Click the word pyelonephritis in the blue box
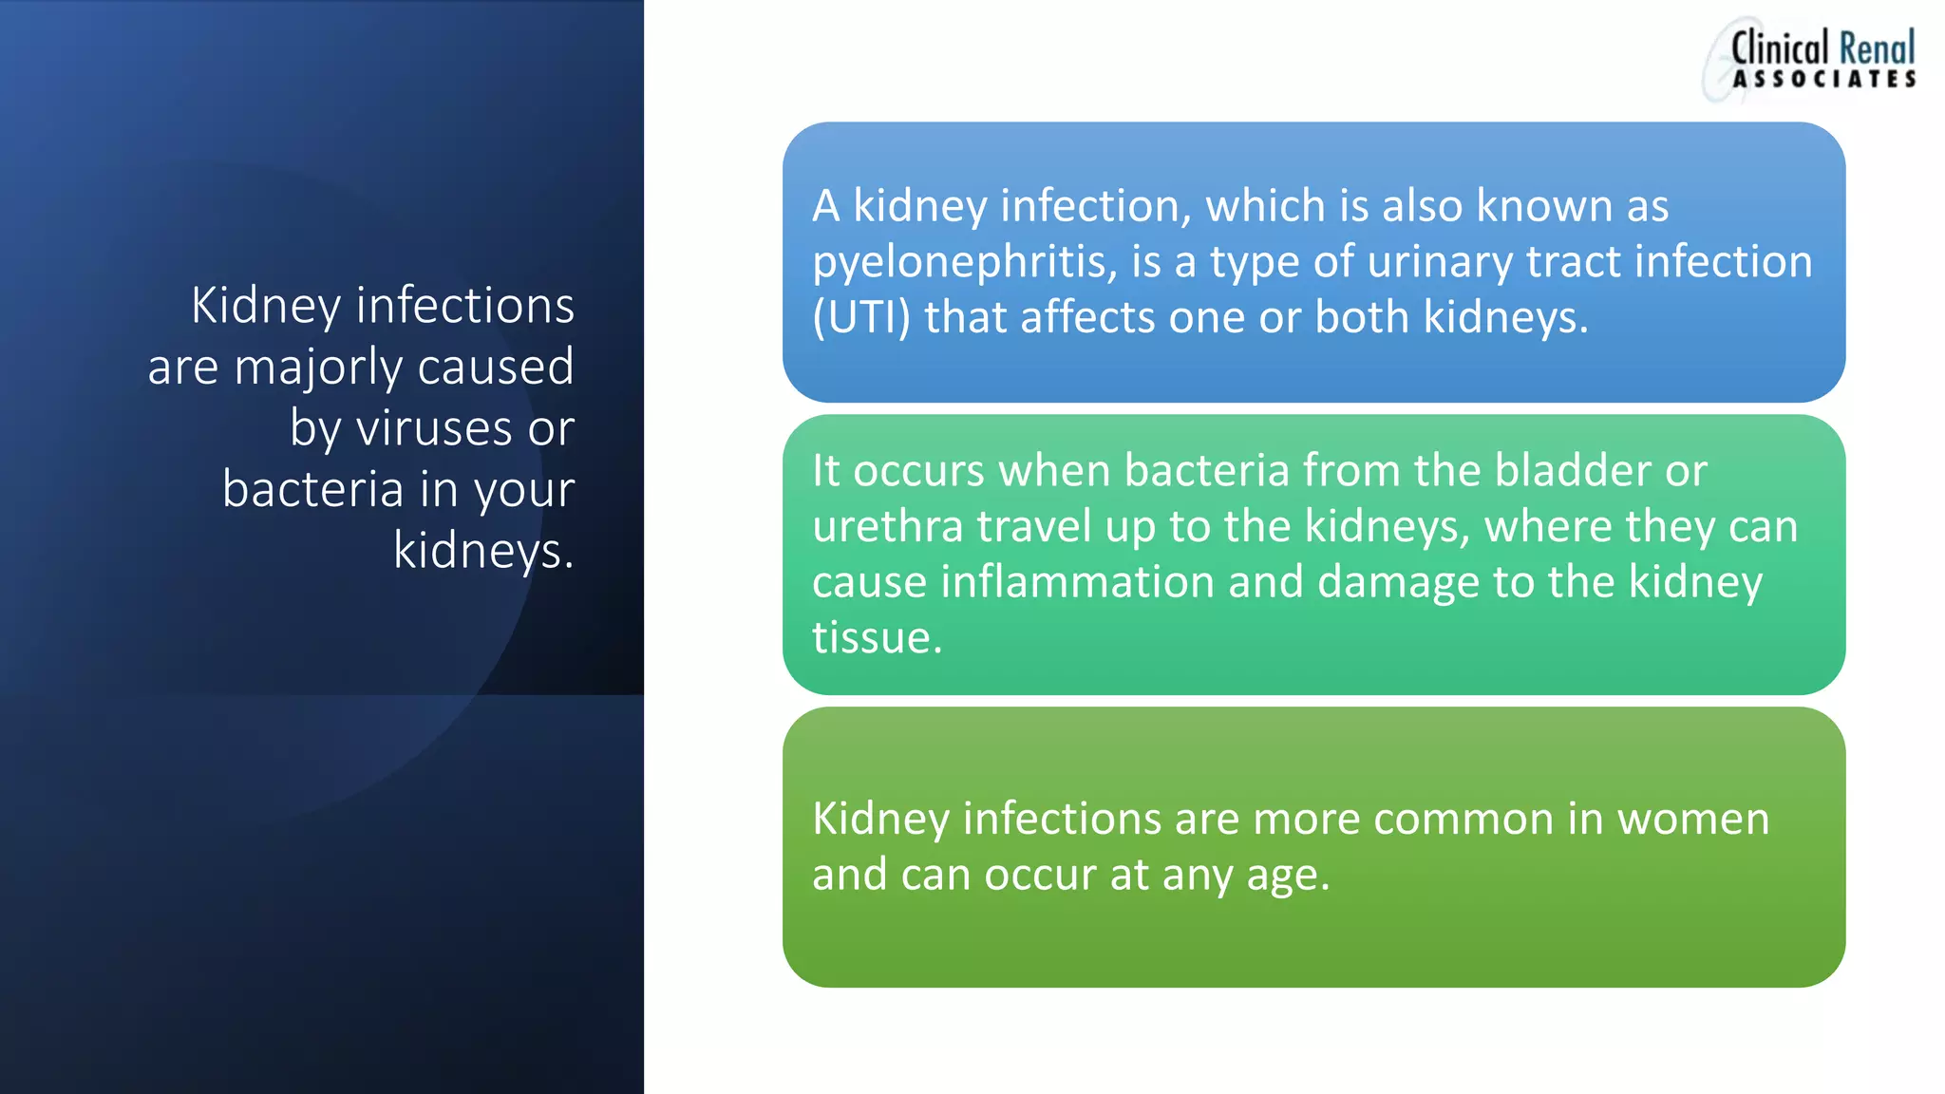964,263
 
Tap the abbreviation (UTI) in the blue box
860,318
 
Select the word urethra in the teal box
888,527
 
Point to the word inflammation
1077,582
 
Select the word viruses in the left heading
434,429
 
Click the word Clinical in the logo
1779,48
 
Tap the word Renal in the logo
1877,48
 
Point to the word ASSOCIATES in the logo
1823,80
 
